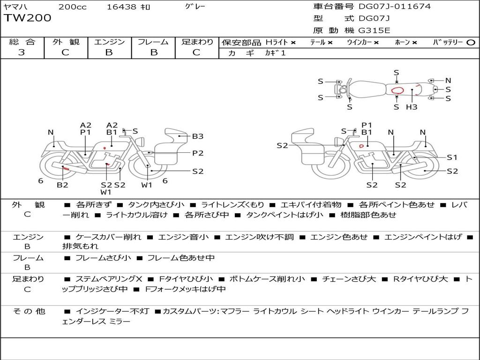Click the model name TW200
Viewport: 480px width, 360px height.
pos(28,18)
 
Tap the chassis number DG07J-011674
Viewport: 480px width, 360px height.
pos(395,7)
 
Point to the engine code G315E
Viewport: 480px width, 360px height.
pos(374,30)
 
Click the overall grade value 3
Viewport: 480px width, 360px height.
pos(22,52)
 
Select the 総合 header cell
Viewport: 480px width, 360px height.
pos(22,42)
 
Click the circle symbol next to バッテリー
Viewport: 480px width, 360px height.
pos(471,43)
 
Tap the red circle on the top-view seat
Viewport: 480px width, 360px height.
pos(397,90)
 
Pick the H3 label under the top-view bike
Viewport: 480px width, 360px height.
pos(412,107)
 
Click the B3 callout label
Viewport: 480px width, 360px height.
pos(198,136)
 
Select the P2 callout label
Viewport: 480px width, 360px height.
pos(198,153)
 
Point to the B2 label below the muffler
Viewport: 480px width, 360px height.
pos(62,185)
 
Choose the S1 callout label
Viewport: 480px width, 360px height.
pos(452,157)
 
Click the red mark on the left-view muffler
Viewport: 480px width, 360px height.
pos(66,168)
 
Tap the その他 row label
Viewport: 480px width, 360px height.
pos(29,311)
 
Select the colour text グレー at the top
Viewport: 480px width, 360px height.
pos(195,7)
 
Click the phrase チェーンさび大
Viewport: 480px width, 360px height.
pos(349,279)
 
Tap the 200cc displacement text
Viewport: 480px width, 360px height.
pos(73,7)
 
